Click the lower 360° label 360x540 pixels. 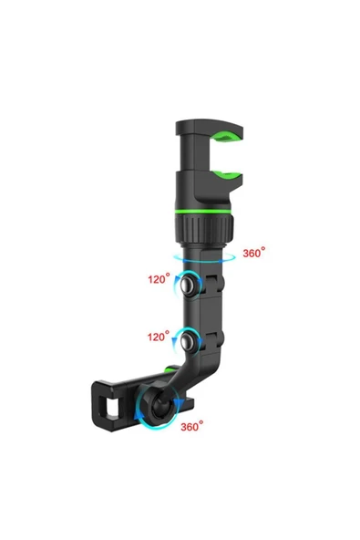(x=192, y=426)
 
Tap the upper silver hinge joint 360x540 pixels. (x=190, y=286)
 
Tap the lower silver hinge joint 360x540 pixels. (x=190, y=343)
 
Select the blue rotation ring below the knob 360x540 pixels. (x=202, y=258)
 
